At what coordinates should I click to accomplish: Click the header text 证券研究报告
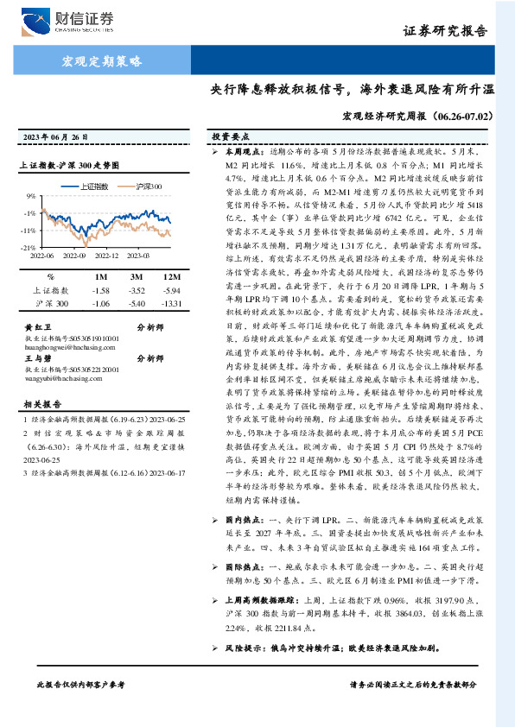458,29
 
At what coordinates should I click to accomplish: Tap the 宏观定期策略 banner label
102,61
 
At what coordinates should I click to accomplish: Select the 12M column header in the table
164,275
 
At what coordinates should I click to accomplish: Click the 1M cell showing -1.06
100,304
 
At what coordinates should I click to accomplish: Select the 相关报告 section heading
40,404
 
